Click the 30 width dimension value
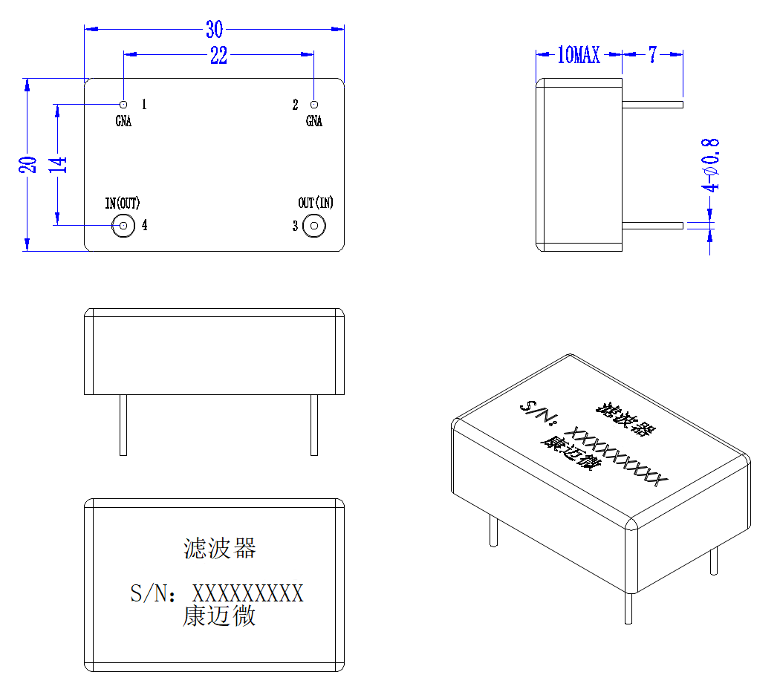coord(215,30)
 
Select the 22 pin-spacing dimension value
coord(219,55)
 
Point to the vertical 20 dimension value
coord(28,165)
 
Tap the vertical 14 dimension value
coord(58,165)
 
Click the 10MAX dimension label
coord(579,55)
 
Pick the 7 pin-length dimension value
coord(653,55)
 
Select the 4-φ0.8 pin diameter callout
coord(710,165)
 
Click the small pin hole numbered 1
coord(123,105)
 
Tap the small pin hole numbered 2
coord(314,105)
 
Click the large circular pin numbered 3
coord(314,226)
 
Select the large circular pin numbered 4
coord(123,226)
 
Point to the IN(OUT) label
coord(123,203)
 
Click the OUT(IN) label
coord(316,202)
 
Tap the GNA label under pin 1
coord(123,121)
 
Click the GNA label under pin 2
coord(314,121)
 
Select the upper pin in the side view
coord(653,105)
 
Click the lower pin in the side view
coord(653,226)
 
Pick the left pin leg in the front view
coord(123,425)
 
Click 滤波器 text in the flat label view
coord(219,548)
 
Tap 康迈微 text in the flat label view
coord(219,616)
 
